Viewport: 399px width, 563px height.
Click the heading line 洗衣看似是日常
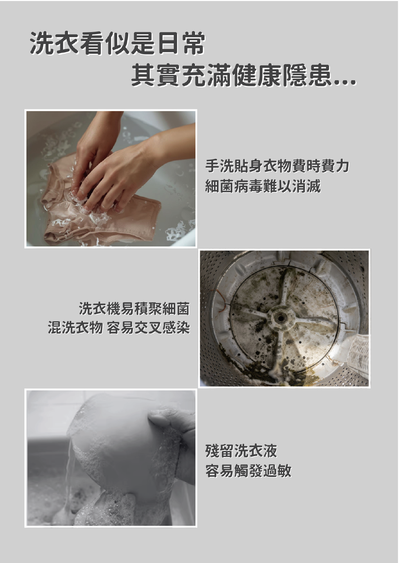coord(117,43)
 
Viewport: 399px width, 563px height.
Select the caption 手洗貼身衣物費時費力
coord(277,166)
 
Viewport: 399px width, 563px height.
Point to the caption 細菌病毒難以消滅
coord(263,186)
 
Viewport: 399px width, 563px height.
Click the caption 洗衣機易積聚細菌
coord(134,308)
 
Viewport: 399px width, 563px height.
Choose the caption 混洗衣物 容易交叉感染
coord(119,328)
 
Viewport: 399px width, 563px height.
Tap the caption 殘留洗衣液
coord(241,451)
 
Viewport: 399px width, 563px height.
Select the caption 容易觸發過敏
coord(248,471)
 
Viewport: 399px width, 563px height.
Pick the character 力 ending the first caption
coord(342,166)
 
